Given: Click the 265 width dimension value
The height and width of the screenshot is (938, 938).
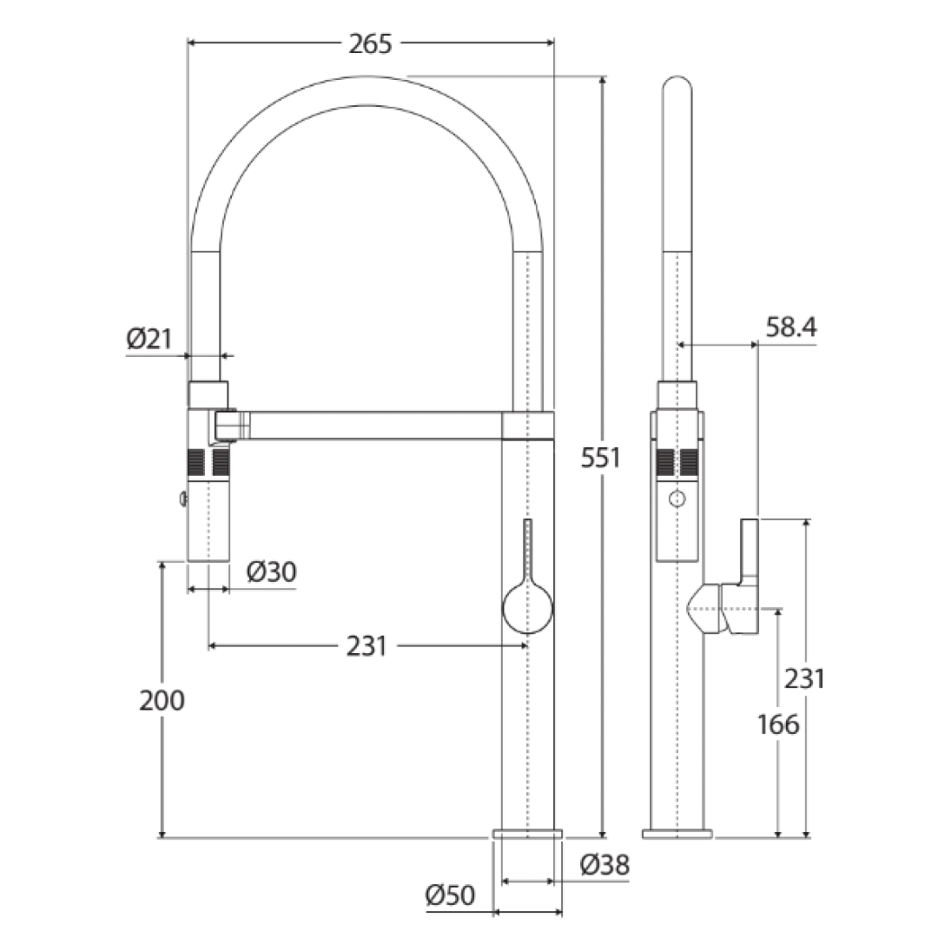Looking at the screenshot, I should (370, 43).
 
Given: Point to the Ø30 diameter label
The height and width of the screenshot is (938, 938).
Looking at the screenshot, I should (271, 571).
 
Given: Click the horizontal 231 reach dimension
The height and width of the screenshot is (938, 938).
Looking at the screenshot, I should (367, 646).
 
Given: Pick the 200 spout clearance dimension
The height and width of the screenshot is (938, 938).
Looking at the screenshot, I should (162, 700).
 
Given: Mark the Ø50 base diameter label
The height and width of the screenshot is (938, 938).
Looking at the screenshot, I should (451, 895).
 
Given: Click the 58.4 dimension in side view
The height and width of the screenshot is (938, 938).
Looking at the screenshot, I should (790, 327).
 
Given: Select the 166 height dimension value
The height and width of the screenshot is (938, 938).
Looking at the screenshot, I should (777, 723).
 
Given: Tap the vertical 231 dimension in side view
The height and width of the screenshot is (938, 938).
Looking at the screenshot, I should (804, 678).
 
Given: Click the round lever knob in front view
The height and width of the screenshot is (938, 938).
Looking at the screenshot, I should (527, 606).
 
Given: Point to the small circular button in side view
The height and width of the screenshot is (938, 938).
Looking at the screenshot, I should (677, 499).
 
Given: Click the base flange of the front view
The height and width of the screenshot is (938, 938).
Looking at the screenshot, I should (527, 834).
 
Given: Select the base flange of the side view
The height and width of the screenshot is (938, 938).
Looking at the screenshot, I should (677, 834).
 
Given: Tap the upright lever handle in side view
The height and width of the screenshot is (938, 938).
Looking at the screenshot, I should (750, 552).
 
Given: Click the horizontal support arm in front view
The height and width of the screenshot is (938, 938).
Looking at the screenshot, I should (373, 426).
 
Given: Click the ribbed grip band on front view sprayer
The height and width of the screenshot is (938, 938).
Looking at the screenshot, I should (208, 461).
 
